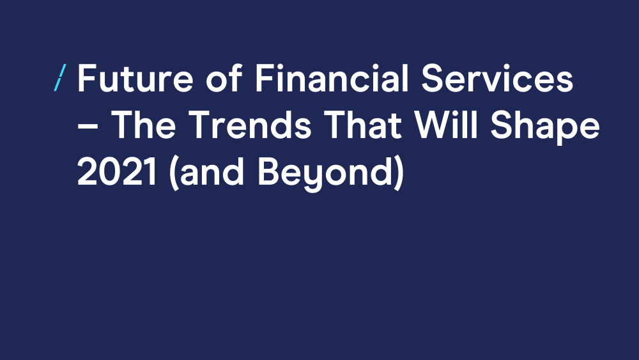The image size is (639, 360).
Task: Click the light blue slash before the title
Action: click(60, 77)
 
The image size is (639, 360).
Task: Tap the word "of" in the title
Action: click(224, 78)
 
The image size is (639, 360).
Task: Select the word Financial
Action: click(332, 77)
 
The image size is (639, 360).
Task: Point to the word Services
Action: click(497, 78)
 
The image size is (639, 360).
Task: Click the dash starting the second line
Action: click(88, 126)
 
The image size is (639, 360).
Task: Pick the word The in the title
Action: click(143, 125)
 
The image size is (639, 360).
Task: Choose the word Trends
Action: click(250, 125)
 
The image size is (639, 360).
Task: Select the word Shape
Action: click(545, 127)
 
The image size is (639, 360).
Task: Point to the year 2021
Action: click(116, 171)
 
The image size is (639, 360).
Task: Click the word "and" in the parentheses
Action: click(211, 171)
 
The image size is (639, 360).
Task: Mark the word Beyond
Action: click(325, 174)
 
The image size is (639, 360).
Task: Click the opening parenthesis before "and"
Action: click(174, 173)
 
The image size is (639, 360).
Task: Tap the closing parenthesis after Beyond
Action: click(399, 173)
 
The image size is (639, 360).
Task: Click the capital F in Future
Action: click(86, 78)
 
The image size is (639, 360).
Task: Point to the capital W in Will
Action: click(432, 125)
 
